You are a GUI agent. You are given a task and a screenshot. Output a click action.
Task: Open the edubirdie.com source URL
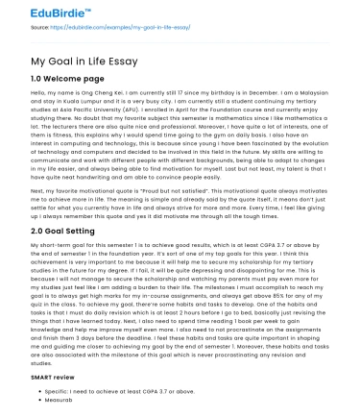135,28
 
